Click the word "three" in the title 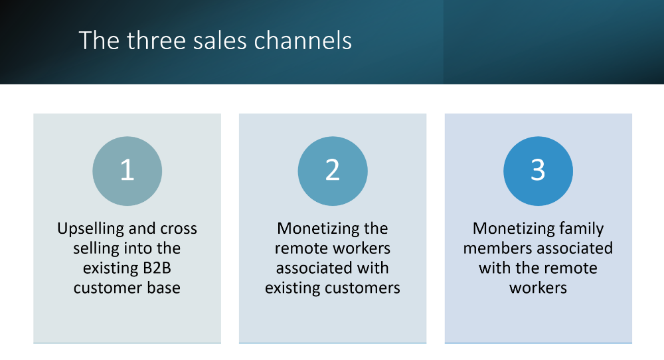tap(156, 41)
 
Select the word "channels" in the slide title tap(303, 41)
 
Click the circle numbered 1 tap(127, 171)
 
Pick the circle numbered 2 tap(333, 171)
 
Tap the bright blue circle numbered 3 tap(539, 171)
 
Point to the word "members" tap(493, 248)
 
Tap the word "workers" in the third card tap(538, 288)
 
